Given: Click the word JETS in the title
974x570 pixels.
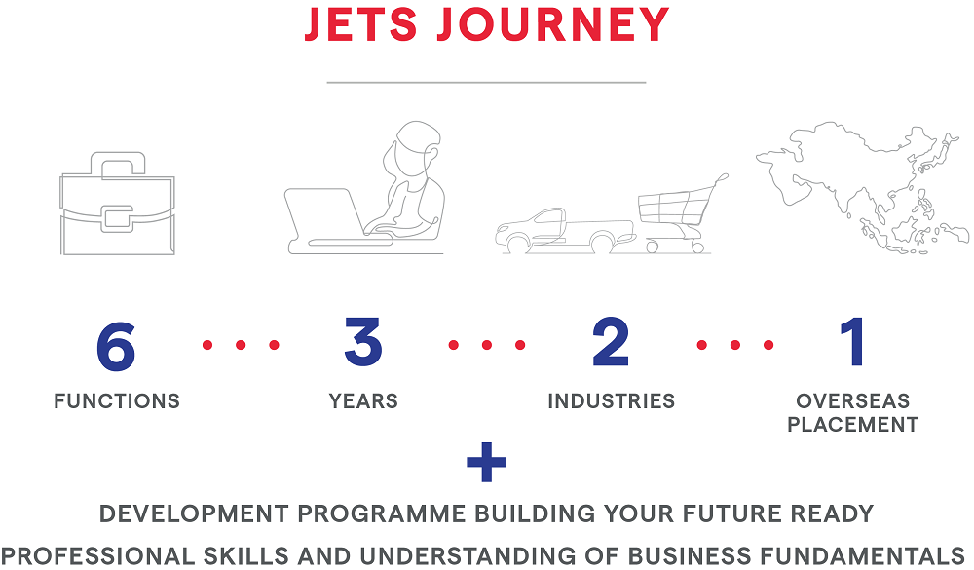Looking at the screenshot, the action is pyautogui.click(x=361, y=24).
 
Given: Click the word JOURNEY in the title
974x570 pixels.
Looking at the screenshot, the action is pyautogui.click(x=553, y=24).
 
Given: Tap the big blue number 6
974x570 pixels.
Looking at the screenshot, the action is pyautogui.click(x=116, y=346).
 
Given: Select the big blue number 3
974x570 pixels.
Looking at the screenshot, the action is pyautogui.click(x=363, y=341).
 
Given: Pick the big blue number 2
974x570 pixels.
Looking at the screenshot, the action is pyautogui.click(x=611, y=341).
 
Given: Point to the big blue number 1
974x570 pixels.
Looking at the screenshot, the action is pyautogui.click(x=853, y=341).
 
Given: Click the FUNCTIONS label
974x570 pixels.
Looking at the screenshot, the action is pyautogui.click(x=117, y=400).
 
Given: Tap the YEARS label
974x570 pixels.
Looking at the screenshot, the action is pyautogui.click(x=363, y=400).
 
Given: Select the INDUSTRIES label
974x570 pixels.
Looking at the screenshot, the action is pyautogui.click(x=612, y=400).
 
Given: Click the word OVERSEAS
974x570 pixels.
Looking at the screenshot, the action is pyautogui.click(x=853, y=400).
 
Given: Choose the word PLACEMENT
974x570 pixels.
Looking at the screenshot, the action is pyautogui.click(x=853, y=425).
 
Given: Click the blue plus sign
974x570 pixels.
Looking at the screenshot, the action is pyautogui.click(x=486, y=462).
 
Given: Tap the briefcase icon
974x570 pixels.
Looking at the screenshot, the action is pyautogui.click(x=118, y=204).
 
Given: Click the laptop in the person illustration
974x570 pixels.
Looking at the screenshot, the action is pyautogui.click(x=323, y=220).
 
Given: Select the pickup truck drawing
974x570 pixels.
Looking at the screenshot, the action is pyautogui.click(x=565, y=231).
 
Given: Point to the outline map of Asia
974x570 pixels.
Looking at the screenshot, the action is pyautogui.click(x=862, y=187).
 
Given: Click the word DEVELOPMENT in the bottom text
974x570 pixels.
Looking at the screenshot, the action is pyautogui.click(x=195, y=514).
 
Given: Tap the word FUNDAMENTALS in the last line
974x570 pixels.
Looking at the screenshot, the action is pyautogui.click(x=855, y=555).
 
